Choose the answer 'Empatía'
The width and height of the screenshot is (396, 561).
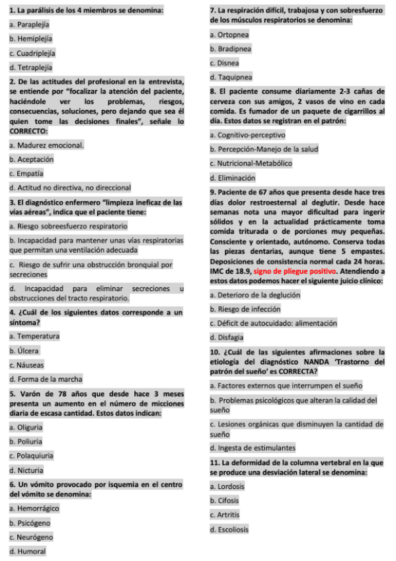tap(27, 173)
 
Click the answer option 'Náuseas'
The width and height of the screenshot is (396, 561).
tap(28, 365)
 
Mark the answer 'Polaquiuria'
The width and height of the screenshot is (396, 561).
tap(34, 456)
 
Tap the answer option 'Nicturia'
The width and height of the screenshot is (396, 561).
tap(28, 470)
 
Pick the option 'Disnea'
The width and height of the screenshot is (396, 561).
tap(224, 63)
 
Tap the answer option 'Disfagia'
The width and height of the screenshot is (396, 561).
tap(226, 337)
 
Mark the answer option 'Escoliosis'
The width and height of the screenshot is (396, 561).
tap(229, 529)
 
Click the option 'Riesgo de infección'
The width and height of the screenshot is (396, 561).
tap(245, 309)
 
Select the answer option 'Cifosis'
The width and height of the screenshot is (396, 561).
tap(225, 501)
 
